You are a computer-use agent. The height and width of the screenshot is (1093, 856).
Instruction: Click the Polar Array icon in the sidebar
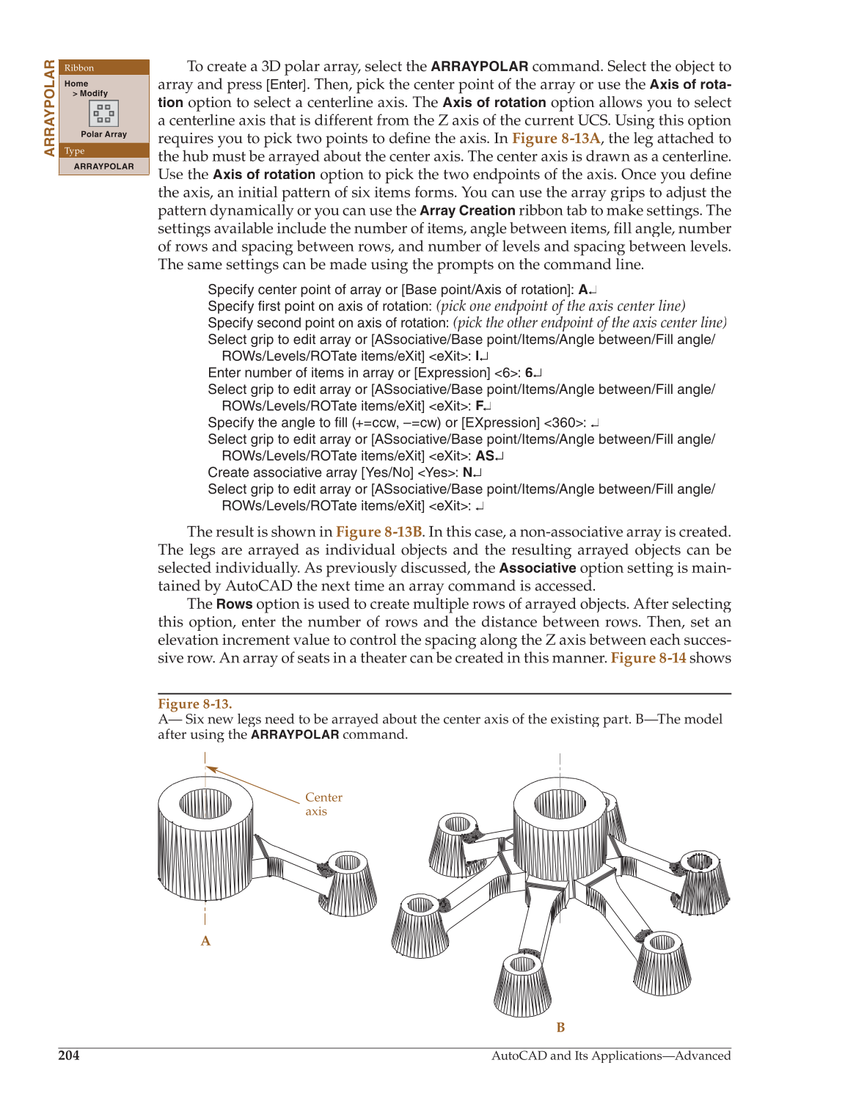click(103, 114)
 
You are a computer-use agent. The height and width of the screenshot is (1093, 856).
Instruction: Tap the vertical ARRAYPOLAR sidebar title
click(49, 108)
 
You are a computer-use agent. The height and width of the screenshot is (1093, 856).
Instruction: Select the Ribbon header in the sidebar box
click(79, 67)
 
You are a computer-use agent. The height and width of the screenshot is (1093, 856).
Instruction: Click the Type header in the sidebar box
click(75, 151)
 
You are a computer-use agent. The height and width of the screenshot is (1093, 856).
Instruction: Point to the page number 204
click(69, 1056)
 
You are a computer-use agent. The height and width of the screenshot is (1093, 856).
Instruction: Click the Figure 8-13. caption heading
click(195, 704)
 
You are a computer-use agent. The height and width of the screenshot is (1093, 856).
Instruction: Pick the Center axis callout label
click(323, 804)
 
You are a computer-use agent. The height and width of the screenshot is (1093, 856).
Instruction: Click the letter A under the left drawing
click(205, 941)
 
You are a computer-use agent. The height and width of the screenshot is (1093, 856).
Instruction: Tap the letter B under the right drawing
click(560, 1028)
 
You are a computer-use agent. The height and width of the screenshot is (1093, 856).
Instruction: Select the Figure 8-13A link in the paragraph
click(556, 139)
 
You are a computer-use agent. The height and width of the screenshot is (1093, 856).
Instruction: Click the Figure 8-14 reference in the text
click(648, 658)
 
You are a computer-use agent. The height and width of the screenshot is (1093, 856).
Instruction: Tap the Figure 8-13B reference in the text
click(378, 532)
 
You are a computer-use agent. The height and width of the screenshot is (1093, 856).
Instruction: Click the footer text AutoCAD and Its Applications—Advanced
click(610, 1056)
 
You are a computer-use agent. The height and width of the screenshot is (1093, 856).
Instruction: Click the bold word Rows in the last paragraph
click(234, 604)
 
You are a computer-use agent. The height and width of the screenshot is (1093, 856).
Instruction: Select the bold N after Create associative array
click(467, 473)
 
